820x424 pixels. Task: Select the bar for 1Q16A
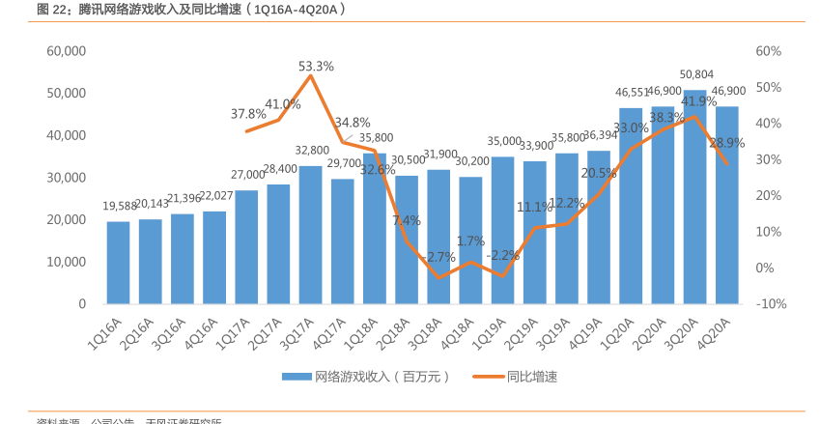118,263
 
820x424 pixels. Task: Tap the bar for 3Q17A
310,235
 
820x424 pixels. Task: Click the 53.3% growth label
316,67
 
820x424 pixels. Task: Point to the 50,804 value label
697,74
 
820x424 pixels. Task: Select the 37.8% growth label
248,113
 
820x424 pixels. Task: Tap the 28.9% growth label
726,142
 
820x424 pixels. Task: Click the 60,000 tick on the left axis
67,50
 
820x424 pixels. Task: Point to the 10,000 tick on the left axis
67,262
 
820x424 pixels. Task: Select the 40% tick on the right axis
768,123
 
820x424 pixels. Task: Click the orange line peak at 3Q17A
310,75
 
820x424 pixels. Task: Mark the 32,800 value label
312,150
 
